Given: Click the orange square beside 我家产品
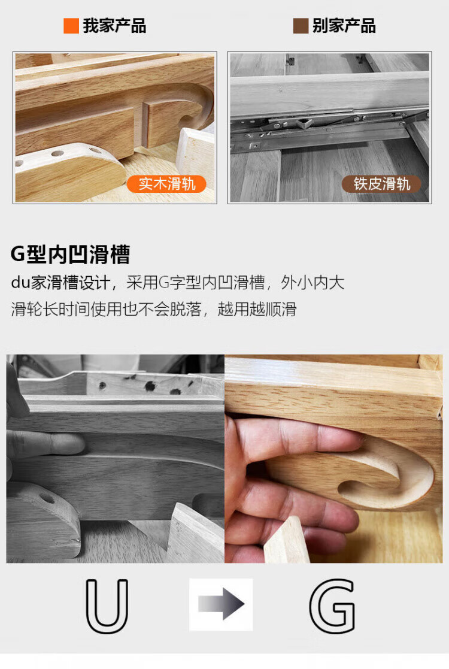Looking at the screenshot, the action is (71, 26).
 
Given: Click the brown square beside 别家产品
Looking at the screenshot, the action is (301, 26).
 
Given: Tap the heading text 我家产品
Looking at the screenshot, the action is (114, 26).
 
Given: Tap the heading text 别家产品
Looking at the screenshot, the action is (344, 26).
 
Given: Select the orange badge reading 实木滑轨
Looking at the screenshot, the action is (166, 184).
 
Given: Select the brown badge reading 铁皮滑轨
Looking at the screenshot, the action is (381, 184).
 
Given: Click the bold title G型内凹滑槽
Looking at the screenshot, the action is (71, 255).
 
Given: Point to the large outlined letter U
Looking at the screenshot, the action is (107, 606).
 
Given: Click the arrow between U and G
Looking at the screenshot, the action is (222, 604).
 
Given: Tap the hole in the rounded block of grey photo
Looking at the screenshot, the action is (47, 498).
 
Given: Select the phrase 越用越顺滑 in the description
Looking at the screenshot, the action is (257, 309).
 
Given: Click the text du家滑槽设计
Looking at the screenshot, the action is (60, 283).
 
